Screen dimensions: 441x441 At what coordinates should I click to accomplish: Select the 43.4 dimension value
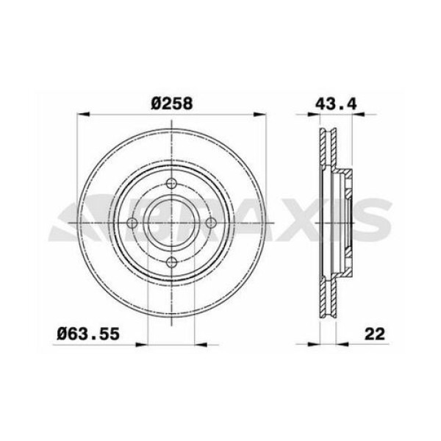(x=331, y=104)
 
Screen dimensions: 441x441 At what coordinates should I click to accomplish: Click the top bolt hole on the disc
(x=171, y=184)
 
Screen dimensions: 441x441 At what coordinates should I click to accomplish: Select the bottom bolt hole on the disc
(x=171, y=262)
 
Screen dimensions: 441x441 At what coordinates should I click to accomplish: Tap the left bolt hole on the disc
(x=132, y=223)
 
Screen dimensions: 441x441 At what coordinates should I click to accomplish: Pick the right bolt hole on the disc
(x=211, y=223)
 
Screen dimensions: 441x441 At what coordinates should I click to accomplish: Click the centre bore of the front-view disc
(x=171, y=223)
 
